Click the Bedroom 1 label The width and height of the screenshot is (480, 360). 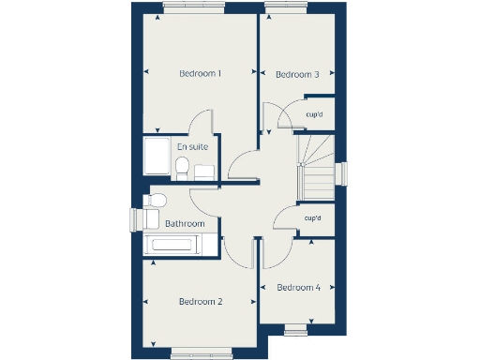pyautogui.click(x=200, y=73)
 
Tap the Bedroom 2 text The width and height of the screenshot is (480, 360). pyautogui.click(x=200, y=302)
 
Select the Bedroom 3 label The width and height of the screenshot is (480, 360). pyautogui.click(x=298, y=75)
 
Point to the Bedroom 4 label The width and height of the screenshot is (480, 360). pyautogui.click(x=298, y=288)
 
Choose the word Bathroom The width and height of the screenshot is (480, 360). pyautogui.click(x=185, y=224)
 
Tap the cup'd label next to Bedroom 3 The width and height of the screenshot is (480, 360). pyautogui.click(x=314, y=115)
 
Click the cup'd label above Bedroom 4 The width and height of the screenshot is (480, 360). pyautogui.click(x=312, y=218)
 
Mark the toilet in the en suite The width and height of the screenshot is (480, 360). pyautogui.click(x=182, y=168)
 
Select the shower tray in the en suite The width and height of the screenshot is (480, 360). pyautogui.click(x=157, y=158)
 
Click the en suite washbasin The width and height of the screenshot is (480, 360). pyautogui.click(x=203, y=171)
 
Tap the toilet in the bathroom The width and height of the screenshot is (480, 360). pyautogui.click(x=157, y=200)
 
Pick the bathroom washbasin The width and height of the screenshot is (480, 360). pyautogui.click(x=150, y=220)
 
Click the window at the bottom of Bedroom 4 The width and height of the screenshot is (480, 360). pyautogui.click(x=296, y=328)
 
